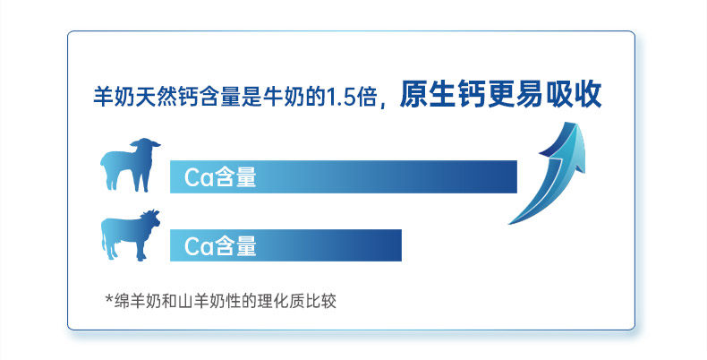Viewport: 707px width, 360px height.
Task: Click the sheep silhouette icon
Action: [x=129, y=165]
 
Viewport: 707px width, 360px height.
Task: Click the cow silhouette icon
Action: [x=130, y=235]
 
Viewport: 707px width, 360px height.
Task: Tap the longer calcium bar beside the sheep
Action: [x=343, y=176]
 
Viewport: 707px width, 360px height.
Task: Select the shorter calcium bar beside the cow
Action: [x=285, y=245]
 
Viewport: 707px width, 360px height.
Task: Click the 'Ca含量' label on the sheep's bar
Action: [x=220, y=177]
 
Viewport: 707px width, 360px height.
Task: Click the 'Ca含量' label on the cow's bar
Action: [x=220, y=246]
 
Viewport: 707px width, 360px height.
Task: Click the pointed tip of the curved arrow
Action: [x=575, y=122]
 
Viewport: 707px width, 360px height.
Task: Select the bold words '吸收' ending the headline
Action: [x=574, y=94]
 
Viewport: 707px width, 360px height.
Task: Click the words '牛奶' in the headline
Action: [x=283, y=98]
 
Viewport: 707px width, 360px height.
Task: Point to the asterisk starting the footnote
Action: [x=108, y=299]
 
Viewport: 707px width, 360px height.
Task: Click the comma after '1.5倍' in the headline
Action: [x=383, y=104]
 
